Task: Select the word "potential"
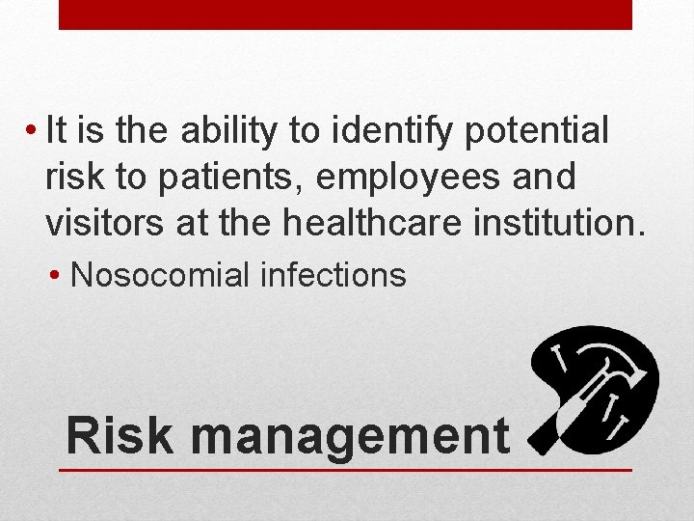536,131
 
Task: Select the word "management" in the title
350,436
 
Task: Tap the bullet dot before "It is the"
33,131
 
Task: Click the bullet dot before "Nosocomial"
60,276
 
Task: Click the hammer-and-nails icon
595,390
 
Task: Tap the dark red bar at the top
345,14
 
